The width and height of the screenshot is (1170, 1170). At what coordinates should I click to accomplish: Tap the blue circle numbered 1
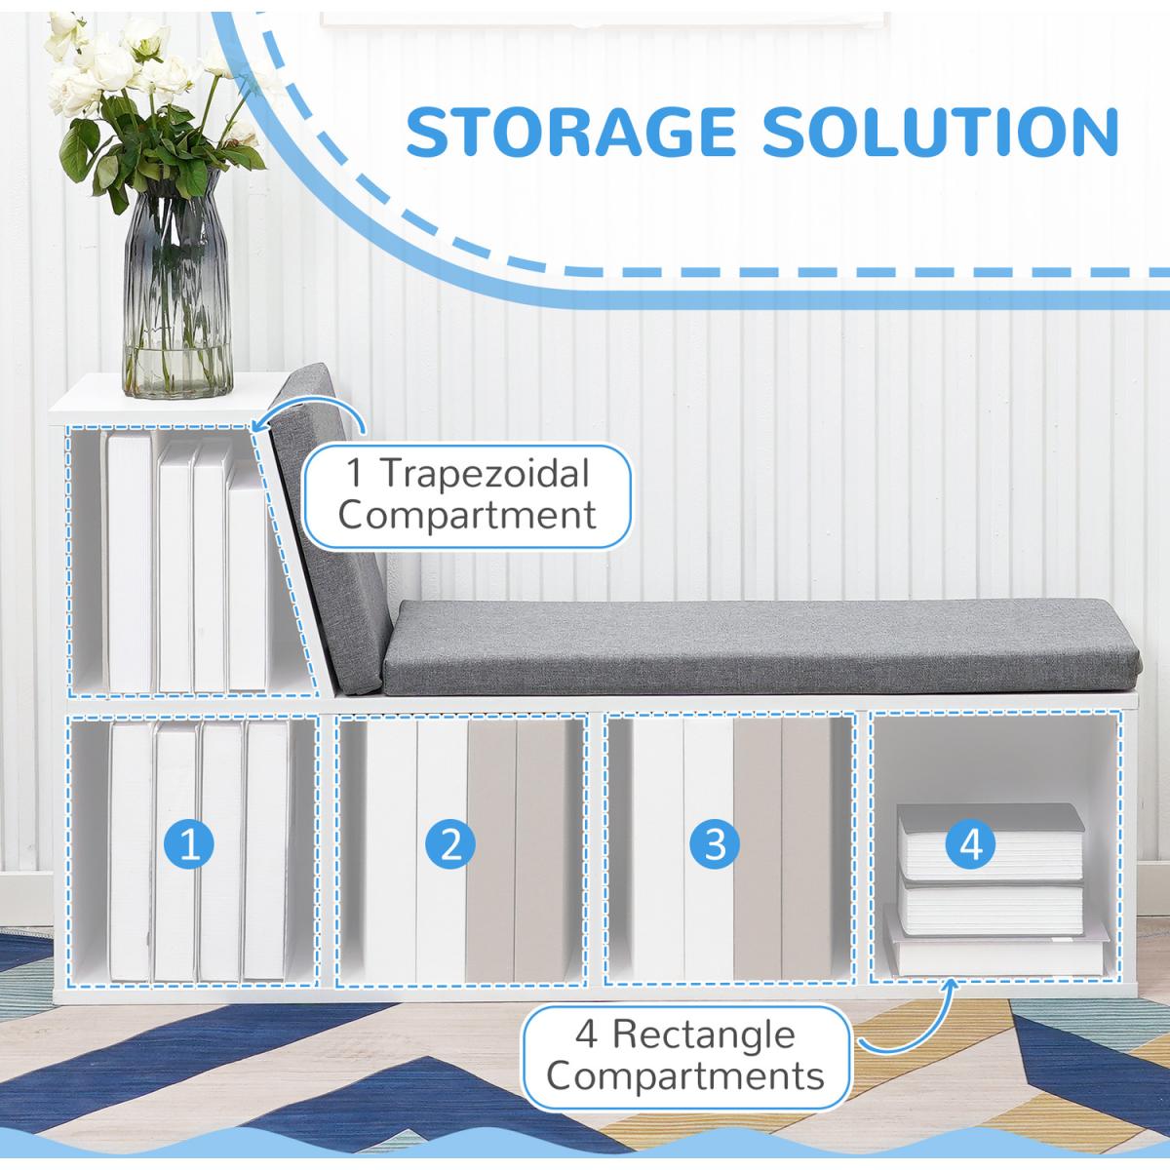(x=190, y=843)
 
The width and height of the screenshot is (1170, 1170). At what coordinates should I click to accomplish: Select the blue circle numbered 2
(x=450, y=843)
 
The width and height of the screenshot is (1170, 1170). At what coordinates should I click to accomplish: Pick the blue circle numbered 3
(x=715, y=843)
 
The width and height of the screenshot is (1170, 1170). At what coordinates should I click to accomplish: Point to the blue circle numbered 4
(x=971, y=843)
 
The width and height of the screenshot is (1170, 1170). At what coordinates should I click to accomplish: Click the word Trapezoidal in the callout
(x=485, y=475)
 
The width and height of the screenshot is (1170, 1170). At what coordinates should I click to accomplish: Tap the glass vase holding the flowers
(x=176, y=292)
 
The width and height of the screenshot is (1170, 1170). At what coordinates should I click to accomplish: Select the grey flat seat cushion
(x=760, y=643)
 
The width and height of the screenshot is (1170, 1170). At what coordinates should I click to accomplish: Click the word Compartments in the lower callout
(x=685, y=1076)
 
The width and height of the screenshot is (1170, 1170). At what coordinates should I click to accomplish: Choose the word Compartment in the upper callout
(x=467, y=515)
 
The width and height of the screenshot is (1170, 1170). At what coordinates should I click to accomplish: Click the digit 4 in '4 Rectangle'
(x=586, y=1034)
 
